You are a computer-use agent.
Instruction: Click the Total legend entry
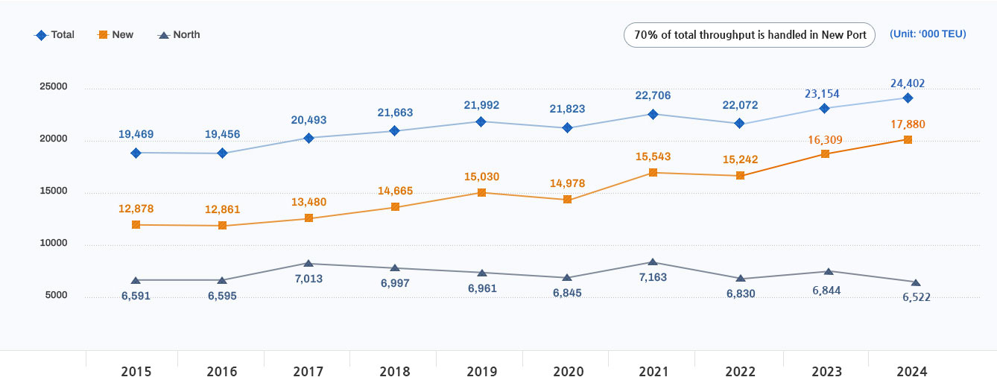tap(55, 35)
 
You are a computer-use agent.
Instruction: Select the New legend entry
tap(115, 35)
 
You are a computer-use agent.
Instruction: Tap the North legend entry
tap(179, 35)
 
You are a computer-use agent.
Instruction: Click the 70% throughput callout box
tap(749, 35)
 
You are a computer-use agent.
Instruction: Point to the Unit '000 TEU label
tap(928, 34)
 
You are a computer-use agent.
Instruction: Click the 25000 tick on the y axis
tap(53, 86)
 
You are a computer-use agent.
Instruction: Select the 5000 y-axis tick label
tap(56, 295)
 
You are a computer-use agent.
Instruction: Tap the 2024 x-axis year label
tap(912, 371)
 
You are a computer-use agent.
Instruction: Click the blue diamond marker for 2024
tap(908, 98)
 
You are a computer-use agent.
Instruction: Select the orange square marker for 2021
tap(653, 173)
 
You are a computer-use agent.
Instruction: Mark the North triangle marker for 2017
tap(308, 263)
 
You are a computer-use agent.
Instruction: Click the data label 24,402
tap(907, 83)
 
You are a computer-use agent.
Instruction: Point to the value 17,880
tap(907, 124)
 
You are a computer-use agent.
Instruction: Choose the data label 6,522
tap(915, 297)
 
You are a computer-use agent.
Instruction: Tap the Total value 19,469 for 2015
tap(136, 135)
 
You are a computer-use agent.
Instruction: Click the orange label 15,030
tap(481, 177)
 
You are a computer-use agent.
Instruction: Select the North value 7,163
tap(653, 277)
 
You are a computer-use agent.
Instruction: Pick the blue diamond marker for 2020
tap(568, 128)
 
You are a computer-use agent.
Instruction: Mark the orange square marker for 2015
tap(136, 224)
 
